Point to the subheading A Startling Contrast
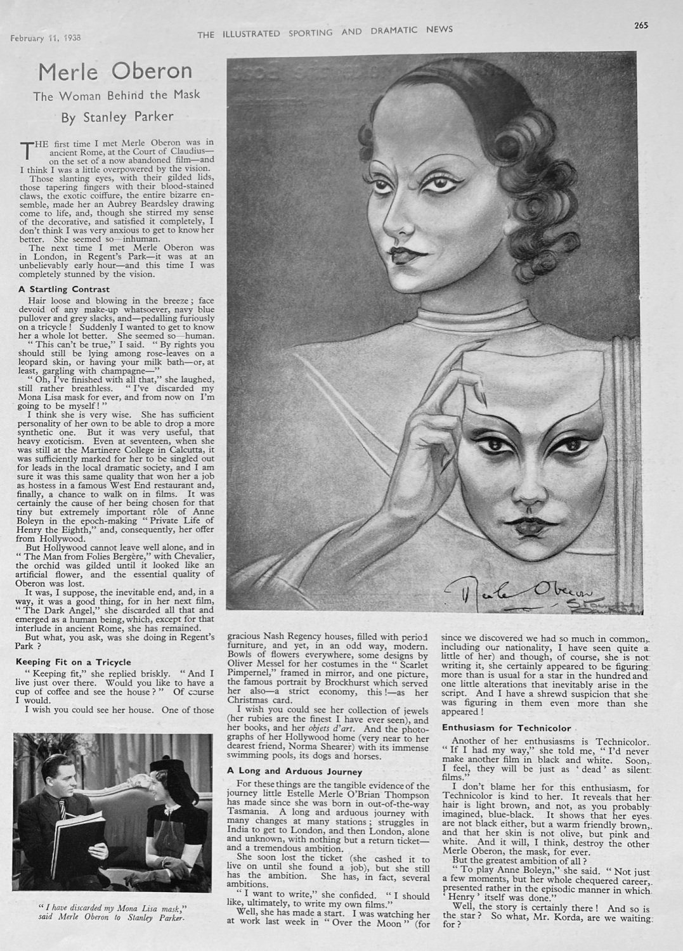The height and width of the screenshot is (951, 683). tap(64, 289)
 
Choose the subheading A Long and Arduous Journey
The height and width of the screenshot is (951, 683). tap(294, 772)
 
